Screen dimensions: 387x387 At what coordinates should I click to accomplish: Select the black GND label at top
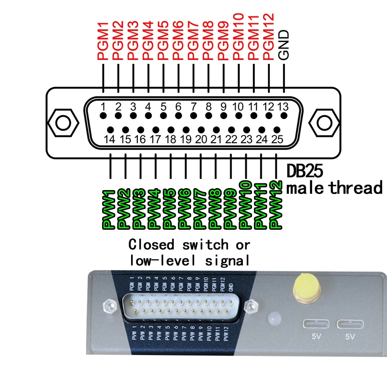[x=284, y=45]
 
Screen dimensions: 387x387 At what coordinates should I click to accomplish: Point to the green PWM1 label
[x=109, y=209]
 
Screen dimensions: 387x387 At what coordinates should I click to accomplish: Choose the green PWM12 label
[x=276, y=205]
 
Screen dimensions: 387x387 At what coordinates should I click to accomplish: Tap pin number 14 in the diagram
[x=110, y=139]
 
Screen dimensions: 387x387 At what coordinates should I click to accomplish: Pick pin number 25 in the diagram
[x=277, y=139]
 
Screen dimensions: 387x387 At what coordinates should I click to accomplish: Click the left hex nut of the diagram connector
[x=62, y=122]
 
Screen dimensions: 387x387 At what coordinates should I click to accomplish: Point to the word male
[x=306, y=188]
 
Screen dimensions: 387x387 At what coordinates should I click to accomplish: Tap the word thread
[x=356, y=188]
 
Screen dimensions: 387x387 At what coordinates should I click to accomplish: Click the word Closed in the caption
[x=149, y=244]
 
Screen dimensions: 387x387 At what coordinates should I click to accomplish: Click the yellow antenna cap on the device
[x=304, y=285]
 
